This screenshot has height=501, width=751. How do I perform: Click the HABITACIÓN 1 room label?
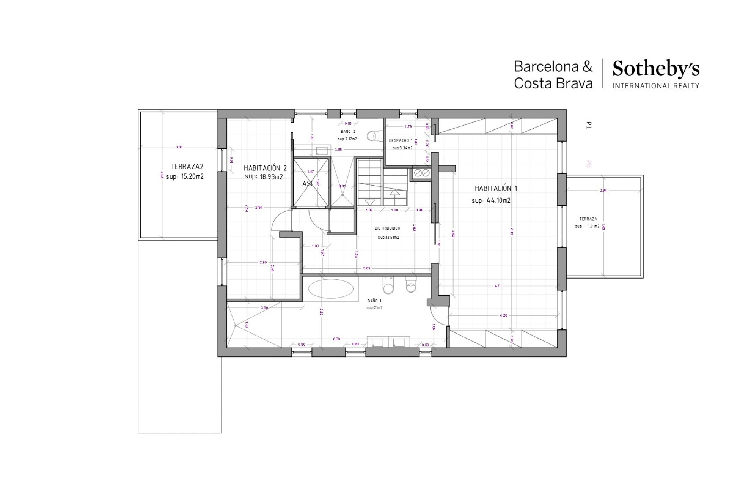[x=496, y=188]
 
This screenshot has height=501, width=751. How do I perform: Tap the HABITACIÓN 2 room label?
[x=265, y=168]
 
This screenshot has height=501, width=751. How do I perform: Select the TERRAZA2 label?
[x=187, y=166]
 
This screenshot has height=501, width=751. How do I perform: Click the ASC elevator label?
[x=308, y=184]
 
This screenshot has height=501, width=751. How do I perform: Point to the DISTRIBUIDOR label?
[x=387, y=228]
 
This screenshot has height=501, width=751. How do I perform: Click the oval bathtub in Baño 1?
[x=331, y=289]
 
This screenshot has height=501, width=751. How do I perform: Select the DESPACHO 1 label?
[x=401, y=140]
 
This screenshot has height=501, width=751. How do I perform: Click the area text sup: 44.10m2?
[x=491, y=200]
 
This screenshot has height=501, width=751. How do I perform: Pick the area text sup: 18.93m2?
[x=264, y=176]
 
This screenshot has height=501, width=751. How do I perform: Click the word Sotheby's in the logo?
[x=656, y=69]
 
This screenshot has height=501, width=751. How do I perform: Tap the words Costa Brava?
[x=553, y=83]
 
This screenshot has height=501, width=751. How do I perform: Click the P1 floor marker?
[x=589, y=125]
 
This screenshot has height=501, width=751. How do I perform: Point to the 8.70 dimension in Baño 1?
[x=336, y=339]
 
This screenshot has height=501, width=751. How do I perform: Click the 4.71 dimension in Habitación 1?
[x=498, y=286]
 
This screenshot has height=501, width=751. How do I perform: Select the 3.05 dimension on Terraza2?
[x=179, y=147]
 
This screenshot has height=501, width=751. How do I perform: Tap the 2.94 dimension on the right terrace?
[x=603, y=190]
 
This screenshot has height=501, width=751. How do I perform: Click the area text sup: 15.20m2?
[x=185, y=176]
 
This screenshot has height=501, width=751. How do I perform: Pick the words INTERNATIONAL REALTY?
[x=656, y=86]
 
